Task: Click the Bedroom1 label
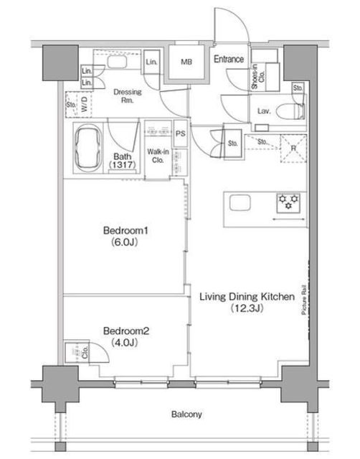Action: coord(125,231)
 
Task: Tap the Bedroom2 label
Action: coord(126,331)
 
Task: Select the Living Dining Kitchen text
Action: coord(247,297)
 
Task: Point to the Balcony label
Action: coord(186,415)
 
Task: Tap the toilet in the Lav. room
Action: coord(290,111)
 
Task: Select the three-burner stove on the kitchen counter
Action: coord(288,202)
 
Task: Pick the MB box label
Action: coord(186,62)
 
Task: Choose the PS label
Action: coord(181,133)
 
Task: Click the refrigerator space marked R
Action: coord(293,148)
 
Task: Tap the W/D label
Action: coord(85,104)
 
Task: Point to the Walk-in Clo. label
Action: coord(158,156)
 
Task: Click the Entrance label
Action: coord(229,59)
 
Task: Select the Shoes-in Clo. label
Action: coord(258,77)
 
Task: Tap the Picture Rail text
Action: coord(303,300)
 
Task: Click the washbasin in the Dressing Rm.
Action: coord(116,62)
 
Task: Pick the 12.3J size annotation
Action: coord(247,308)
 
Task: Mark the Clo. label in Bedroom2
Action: coord(85,352)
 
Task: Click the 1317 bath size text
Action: coord(123,165)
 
